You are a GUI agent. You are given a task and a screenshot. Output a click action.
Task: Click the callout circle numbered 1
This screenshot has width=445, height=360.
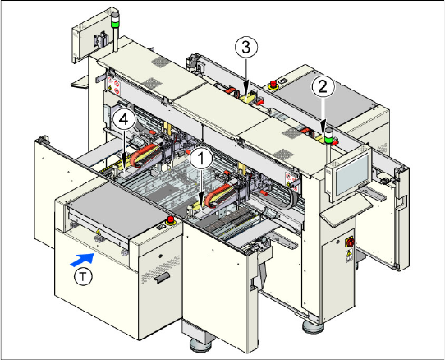[201, 159]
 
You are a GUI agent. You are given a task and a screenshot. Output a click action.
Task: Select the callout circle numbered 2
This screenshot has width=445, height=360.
[323, 86]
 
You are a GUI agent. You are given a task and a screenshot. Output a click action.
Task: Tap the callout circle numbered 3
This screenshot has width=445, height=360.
[246, 48]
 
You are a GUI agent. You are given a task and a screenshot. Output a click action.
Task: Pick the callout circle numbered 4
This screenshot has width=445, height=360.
[124, 120]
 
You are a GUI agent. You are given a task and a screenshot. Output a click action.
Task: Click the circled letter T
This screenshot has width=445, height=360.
[83, 276]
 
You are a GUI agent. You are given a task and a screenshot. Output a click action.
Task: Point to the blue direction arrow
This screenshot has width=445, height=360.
[82, 260]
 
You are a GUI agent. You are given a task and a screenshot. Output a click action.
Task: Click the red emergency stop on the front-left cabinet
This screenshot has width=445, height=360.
[171, 219]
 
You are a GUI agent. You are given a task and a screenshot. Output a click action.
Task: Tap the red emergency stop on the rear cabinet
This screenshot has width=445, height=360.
[273, 85]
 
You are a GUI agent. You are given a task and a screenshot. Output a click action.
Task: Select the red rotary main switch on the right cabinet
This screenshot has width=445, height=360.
[350, 242]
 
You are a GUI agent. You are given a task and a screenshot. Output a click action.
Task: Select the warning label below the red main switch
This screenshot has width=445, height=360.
[349, 256]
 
